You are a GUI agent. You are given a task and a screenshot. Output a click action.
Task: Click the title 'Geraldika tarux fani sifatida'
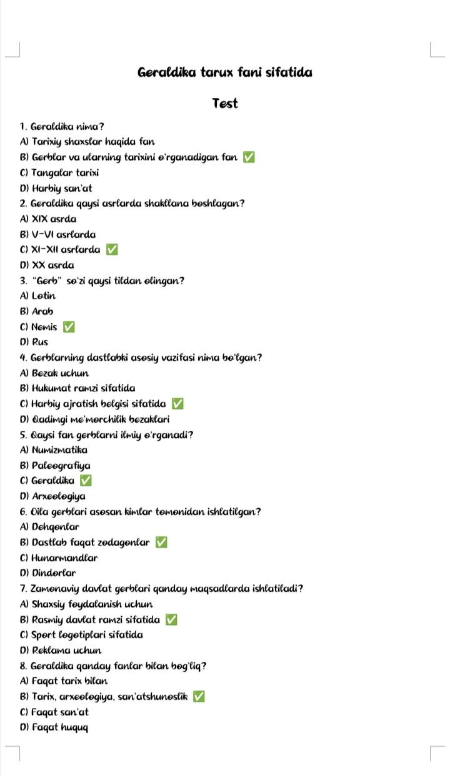(225, 72)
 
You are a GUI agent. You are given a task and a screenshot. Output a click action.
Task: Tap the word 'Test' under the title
(225, 104)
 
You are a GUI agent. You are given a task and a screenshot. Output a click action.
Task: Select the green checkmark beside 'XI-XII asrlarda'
(112, 250)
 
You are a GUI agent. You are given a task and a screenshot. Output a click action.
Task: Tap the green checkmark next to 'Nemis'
(69, 327)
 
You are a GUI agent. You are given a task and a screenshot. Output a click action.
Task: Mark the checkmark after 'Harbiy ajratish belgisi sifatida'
(177, 403)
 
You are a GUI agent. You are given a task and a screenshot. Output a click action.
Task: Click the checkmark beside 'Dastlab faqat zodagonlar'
(161, 543)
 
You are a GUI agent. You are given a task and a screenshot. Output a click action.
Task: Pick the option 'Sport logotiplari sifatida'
(81, 635)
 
